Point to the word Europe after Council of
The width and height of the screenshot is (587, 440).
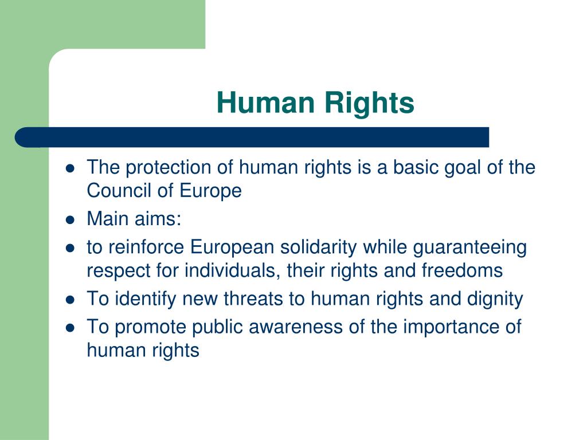click(213, 190)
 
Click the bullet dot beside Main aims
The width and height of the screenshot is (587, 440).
click(71, 219)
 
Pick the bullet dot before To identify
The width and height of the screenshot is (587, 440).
click(71, 299)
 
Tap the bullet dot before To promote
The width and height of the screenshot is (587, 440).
click(71, 328)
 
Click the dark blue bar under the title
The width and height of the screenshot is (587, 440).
click(252, 137)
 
